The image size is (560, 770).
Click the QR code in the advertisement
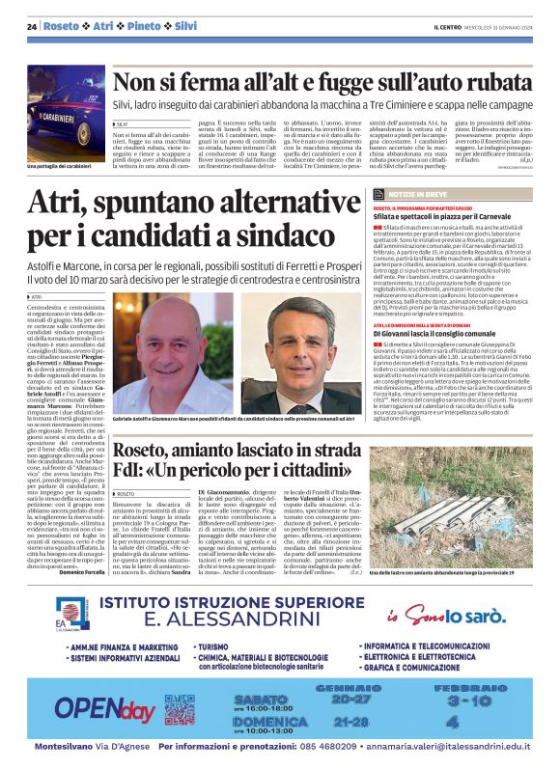[179, 708]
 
